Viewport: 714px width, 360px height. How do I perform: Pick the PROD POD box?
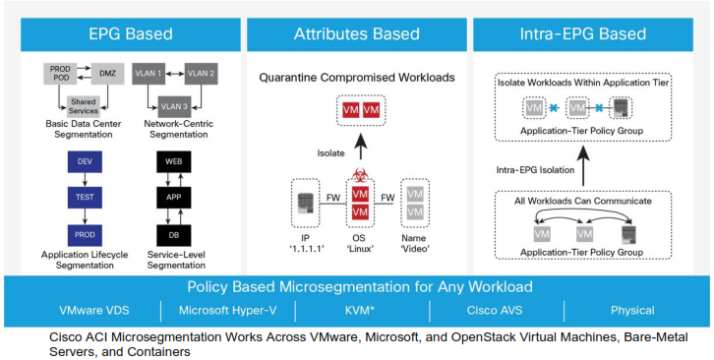pyautogui.click(x=58, y=73)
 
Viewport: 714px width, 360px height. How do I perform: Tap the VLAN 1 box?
pyautogui.click(x=150, y=72)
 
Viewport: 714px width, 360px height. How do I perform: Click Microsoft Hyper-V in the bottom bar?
pyautogui.click(x=227, y=311)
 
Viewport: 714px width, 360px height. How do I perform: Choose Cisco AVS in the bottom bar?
pyautogui.click(x=496, y=311)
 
